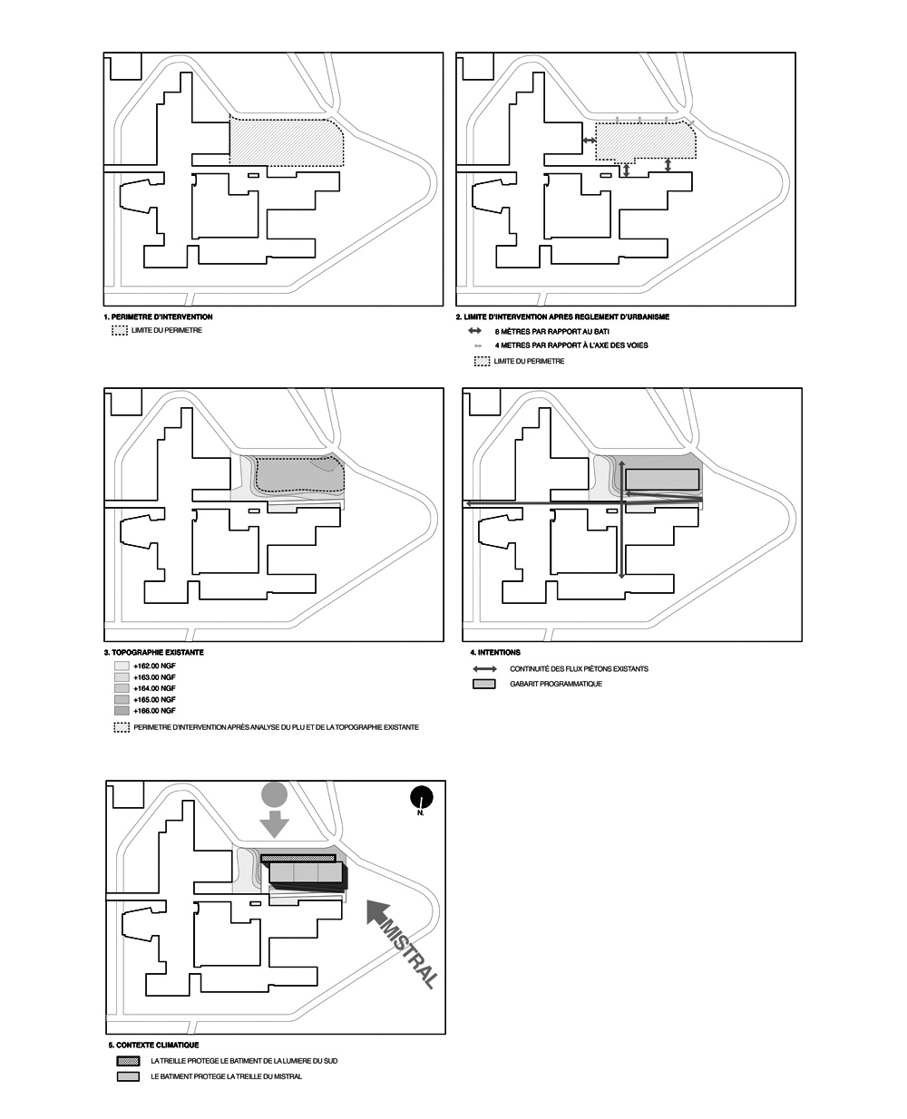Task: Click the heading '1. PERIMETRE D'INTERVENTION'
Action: point(159,317)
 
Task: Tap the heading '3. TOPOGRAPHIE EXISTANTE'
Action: point(154,653)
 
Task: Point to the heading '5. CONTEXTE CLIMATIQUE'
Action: point(153,1046)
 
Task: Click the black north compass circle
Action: point(421,797)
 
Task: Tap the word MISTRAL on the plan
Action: point(411,955)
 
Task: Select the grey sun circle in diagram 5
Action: point(274,794)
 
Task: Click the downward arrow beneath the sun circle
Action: point(274,825)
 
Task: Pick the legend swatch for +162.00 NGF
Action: point(121,667)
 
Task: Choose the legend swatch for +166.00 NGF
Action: point(121,711)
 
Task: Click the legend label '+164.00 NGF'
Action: point(154,689)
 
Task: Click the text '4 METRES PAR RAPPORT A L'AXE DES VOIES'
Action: point(571,345)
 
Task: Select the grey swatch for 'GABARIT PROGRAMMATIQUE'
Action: point(484,684)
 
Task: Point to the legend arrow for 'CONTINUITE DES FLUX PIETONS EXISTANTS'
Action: point(485,669)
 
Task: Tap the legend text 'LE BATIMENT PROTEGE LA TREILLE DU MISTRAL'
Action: point(227,1076)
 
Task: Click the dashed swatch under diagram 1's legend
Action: point(119,331)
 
